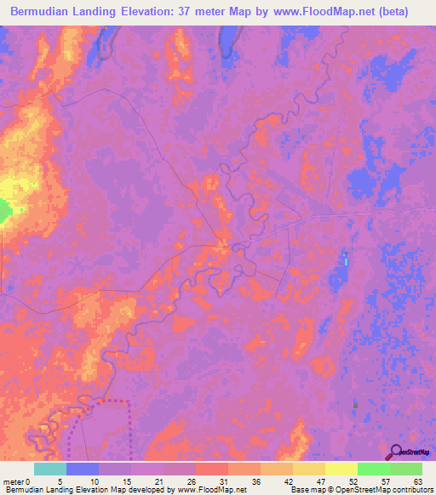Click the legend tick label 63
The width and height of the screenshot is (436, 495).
coord(417,481)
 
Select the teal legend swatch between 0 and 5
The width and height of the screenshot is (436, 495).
coord(50,469)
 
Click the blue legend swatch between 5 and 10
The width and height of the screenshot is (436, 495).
coord(83,469)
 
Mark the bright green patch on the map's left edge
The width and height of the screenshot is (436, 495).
coord(4,211)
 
